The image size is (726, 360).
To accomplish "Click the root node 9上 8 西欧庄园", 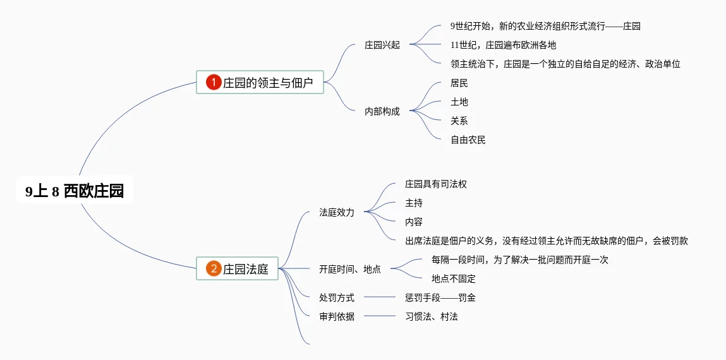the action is (75, 191).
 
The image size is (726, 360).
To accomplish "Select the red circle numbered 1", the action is (214, 82).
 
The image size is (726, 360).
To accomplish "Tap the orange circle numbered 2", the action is (214, 268).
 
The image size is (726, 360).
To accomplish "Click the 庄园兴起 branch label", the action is (382, 45).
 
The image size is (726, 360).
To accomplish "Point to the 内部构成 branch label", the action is (382, 111).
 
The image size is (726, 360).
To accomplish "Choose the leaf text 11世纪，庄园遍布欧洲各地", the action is (504, 45).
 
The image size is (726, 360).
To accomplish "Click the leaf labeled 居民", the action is (459, 83).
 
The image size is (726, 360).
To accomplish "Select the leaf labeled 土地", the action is (459, 102).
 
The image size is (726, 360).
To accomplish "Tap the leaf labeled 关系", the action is (459, 121).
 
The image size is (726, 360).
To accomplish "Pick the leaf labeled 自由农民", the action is (468, 140).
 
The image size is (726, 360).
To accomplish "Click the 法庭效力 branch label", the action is (337, 212).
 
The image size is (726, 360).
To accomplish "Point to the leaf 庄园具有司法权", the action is (436, 184).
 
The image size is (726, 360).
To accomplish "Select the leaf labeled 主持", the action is (414, 203).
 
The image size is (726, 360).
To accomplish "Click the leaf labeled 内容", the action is (414, 222).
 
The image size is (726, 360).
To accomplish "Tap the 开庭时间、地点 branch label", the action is (350, 269).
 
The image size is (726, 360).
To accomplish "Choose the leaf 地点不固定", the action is (454, 279).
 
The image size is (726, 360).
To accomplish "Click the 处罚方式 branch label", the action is (337, 297).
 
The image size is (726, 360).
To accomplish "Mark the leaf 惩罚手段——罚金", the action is (440, 297).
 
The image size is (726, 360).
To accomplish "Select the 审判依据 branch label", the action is (337, 316).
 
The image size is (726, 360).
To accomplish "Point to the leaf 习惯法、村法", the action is (432, 316).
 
